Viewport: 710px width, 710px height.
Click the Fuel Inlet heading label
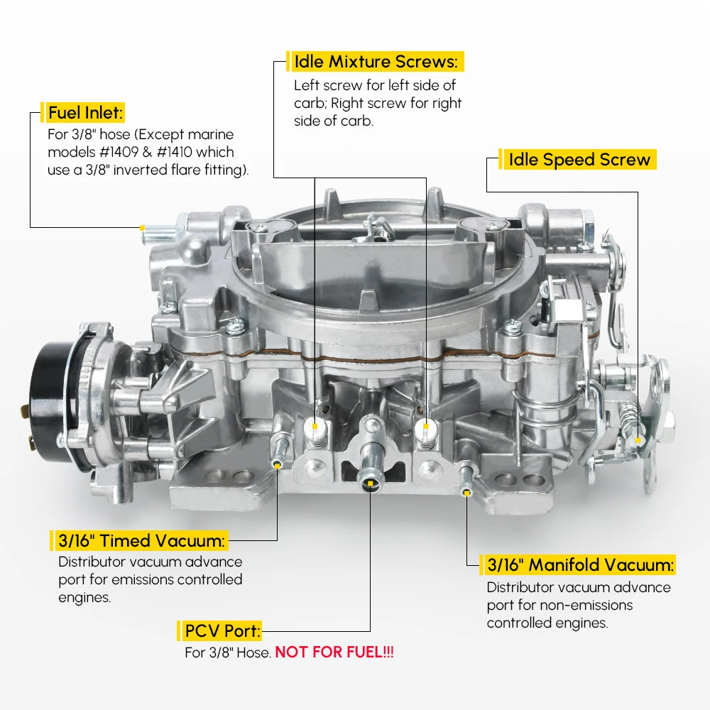pyautogui.click(x=85, y=112)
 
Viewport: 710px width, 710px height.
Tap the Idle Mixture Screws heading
pyautogui.click(x=376, y=62)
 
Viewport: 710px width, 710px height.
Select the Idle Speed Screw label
pyautogui.click(x=579, y=160)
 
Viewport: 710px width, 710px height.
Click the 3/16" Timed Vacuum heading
pyautogui.click(x=140, y=541)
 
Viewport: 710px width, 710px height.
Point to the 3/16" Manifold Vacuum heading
pyautogui.click(x=579, y=565)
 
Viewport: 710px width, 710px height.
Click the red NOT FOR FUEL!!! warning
pyautogui.click(x=334, y=652)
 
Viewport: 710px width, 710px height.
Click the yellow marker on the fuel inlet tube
pyautogui.click(x=143, y=229)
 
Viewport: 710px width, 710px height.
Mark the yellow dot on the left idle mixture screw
pyautogui.click(x=315, y=427)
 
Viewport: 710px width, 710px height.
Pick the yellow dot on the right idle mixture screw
pyautogui.click(x=426, y=427)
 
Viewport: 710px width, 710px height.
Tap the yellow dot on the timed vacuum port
pyautogui.click(x=277, y=465)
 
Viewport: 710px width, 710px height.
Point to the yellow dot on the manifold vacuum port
pyautogui.click(x=466, y=491)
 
